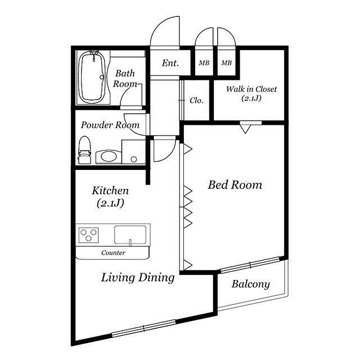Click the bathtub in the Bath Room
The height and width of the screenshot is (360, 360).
click(92, 78)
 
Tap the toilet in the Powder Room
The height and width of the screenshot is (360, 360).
click(84, 150)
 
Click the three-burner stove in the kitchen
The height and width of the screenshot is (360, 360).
click(89, 235)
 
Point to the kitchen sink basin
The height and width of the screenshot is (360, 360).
click(130, 235)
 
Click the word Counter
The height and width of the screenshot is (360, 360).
click(113, 253)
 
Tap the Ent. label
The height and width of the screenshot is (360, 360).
click(170, 63)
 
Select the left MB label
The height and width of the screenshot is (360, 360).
click(204, 62)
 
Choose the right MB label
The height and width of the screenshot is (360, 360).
click(226, 62)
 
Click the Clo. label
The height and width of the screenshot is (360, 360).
click(196, 101)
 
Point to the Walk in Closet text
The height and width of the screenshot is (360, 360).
click(251, 89)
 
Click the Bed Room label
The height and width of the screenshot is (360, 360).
click(235, 185)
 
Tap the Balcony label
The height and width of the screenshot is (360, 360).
click(250, 284)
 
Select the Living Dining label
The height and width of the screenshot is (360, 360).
click(138, 277)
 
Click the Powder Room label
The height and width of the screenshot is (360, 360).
click(110, 125)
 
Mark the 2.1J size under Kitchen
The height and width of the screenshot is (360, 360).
click(110, 203)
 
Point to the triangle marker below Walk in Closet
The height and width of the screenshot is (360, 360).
click(245, 129)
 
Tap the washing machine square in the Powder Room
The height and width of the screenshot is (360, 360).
click(133, 152)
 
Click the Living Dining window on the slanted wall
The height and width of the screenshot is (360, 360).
click(144, 328)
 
